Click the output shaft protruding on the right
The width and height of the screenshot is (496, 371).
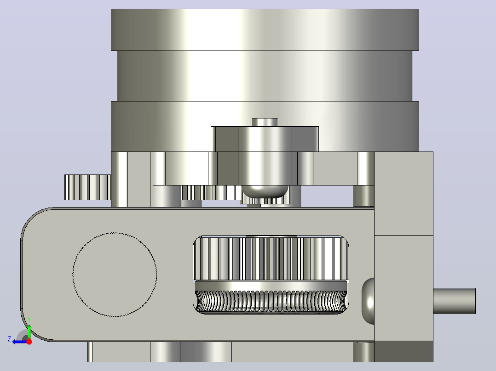[x=454, y=301]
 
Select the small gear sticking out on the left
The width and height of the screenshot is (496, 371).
[x=87, y=187]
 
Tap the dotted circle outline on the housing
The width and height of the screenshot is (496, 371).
[x=115, y=275]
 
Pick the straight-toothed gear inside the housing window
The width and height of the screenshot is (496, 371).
[x=271, y=258]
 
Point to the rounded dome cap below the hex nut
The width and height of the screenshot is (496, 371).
[x=265, y=191]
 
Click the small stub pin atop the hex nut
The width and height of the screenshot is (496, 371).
[x=265, y=122]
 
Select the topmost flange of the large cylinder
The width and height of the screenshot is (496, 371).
[x=265, y=30]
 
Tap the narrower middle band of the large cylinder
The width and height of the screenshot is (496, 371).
[x=265, y=76]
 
